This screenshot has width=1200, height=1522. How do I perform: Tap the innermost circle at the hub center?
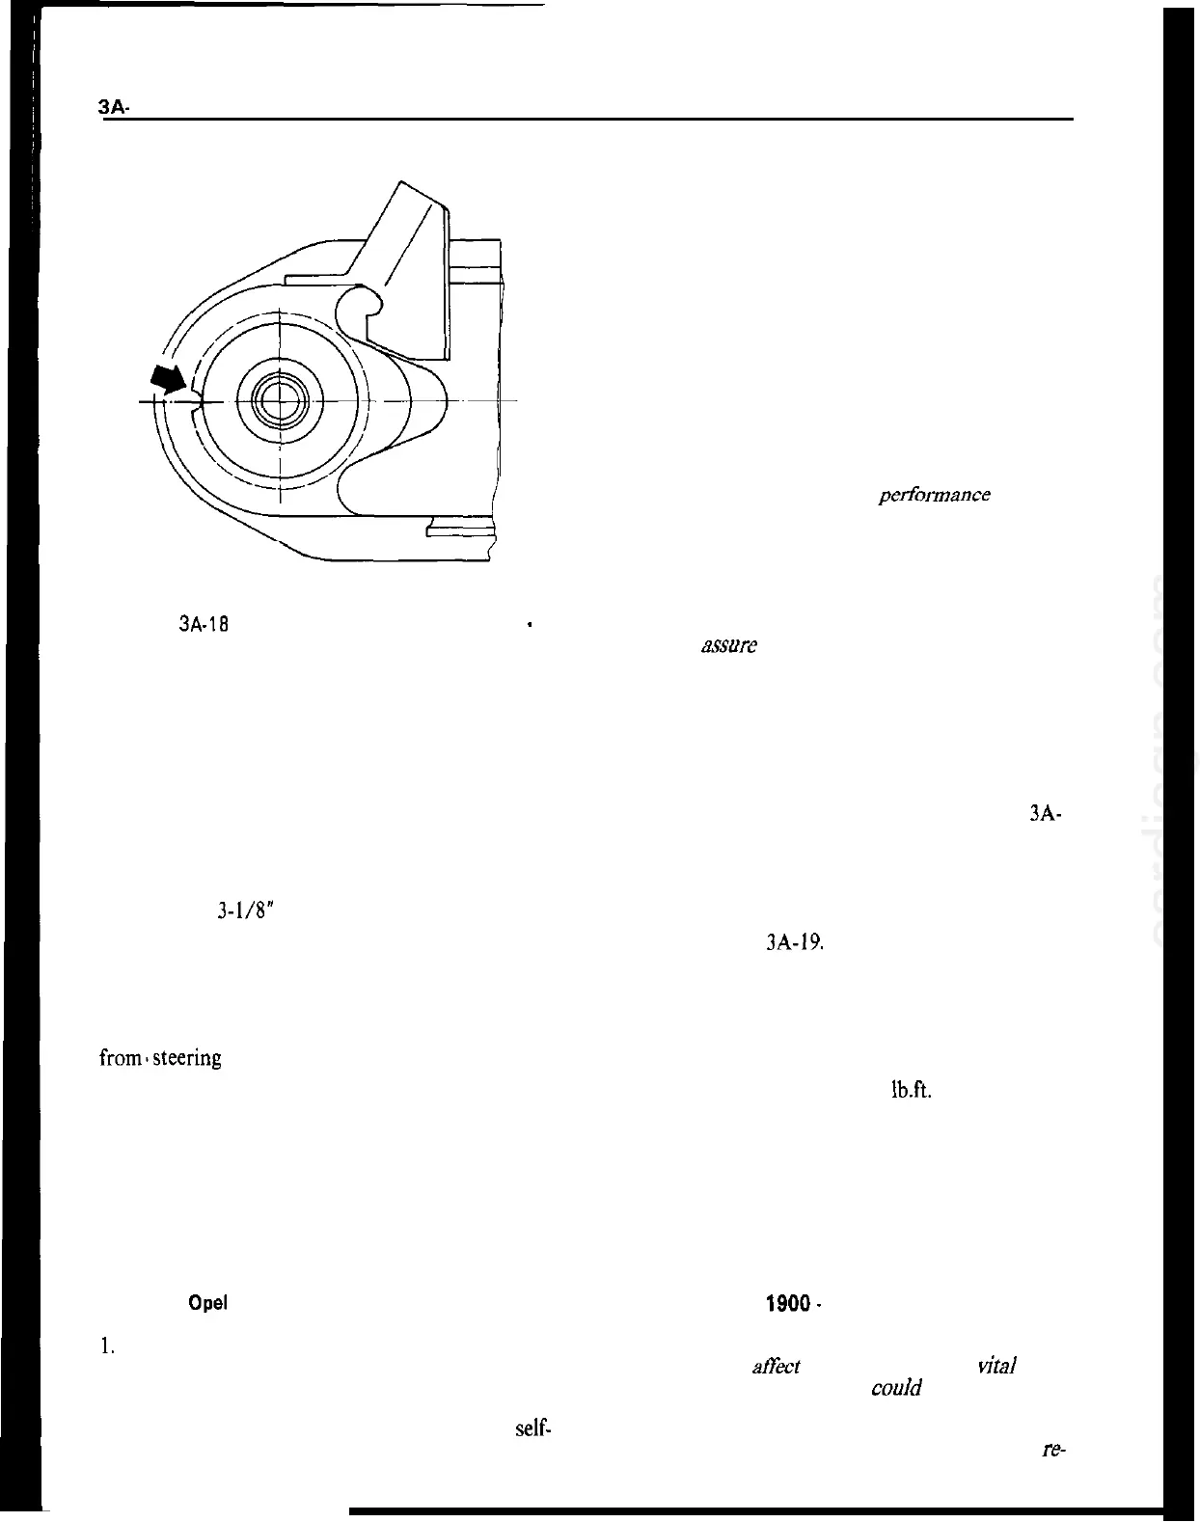pyautogui.click(x=278, y=400)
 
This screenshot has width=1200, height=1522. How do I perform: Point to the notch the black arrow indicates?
pyautogui.click(x=197, y=400)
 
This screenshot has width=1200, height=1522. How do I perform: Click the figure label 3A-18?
pyautogui.click(x=203, y=624)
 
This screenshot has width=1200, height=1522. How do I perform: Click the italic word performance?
pyautogui.click(x=934, y=495)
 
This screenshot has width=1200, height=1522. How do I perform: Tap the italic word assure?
pyautogui.click(x=728, y=646)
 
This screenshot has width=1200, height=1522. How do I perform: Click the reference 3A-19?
pyautogui.click(x=793, y=943)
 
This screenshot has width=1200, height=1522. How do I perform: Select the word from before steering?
pyautogui.click(x=120, y=1058)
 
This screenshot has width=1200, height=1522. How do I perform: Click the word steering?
pyautogui.click(x=187, y=1058)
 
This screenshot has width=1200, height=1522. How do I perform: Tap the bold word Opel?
pyautogui.click(x=207, y=1303)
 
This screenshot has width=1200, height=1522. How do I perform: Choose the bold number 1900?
pyautogui.click(x=787, y=1304)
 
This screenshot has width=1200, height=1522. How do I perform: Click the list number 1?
pyautogui.click(x=108, y=1348)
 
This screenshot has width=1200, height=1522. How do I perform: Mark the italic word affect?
pyautogui.click(x=776, y=1366)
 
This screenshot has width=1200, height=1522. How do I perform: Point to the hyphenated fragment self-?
pyautogui.click(x=532, y=1428)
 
